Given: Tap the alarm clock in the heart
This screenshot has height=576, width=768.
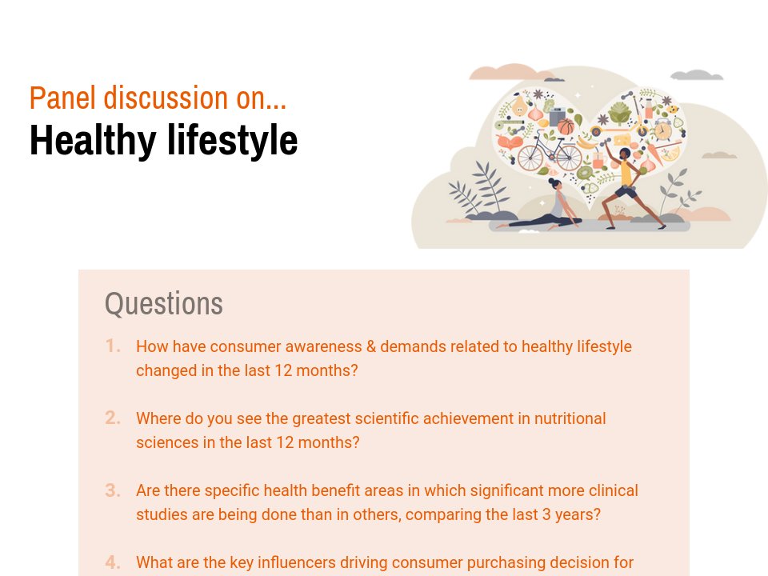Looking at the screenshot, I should [662, 130].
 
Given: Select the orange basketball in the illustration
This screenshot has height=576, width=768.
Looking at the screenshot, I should [566, 126].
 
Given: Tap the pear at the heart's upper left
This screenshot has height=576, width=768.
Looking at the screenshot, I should [521, 106].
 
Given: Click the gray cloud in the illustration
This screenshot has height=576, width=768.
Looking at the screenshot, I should [696, 75].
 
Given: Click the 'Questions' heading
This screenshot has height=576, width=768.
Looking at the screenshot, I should [164, 304].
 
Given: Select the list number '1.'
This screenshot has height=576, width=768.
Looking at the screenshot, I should [113, 346].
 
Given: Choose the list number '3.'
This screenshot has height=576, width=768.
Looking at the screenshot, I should [113, 490].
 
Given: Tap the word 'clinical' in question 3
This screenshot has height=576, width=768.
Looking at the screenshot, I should [611, 490].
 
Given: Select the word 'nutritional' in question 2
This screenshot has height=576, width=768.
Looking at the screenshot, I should [566, 418].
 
